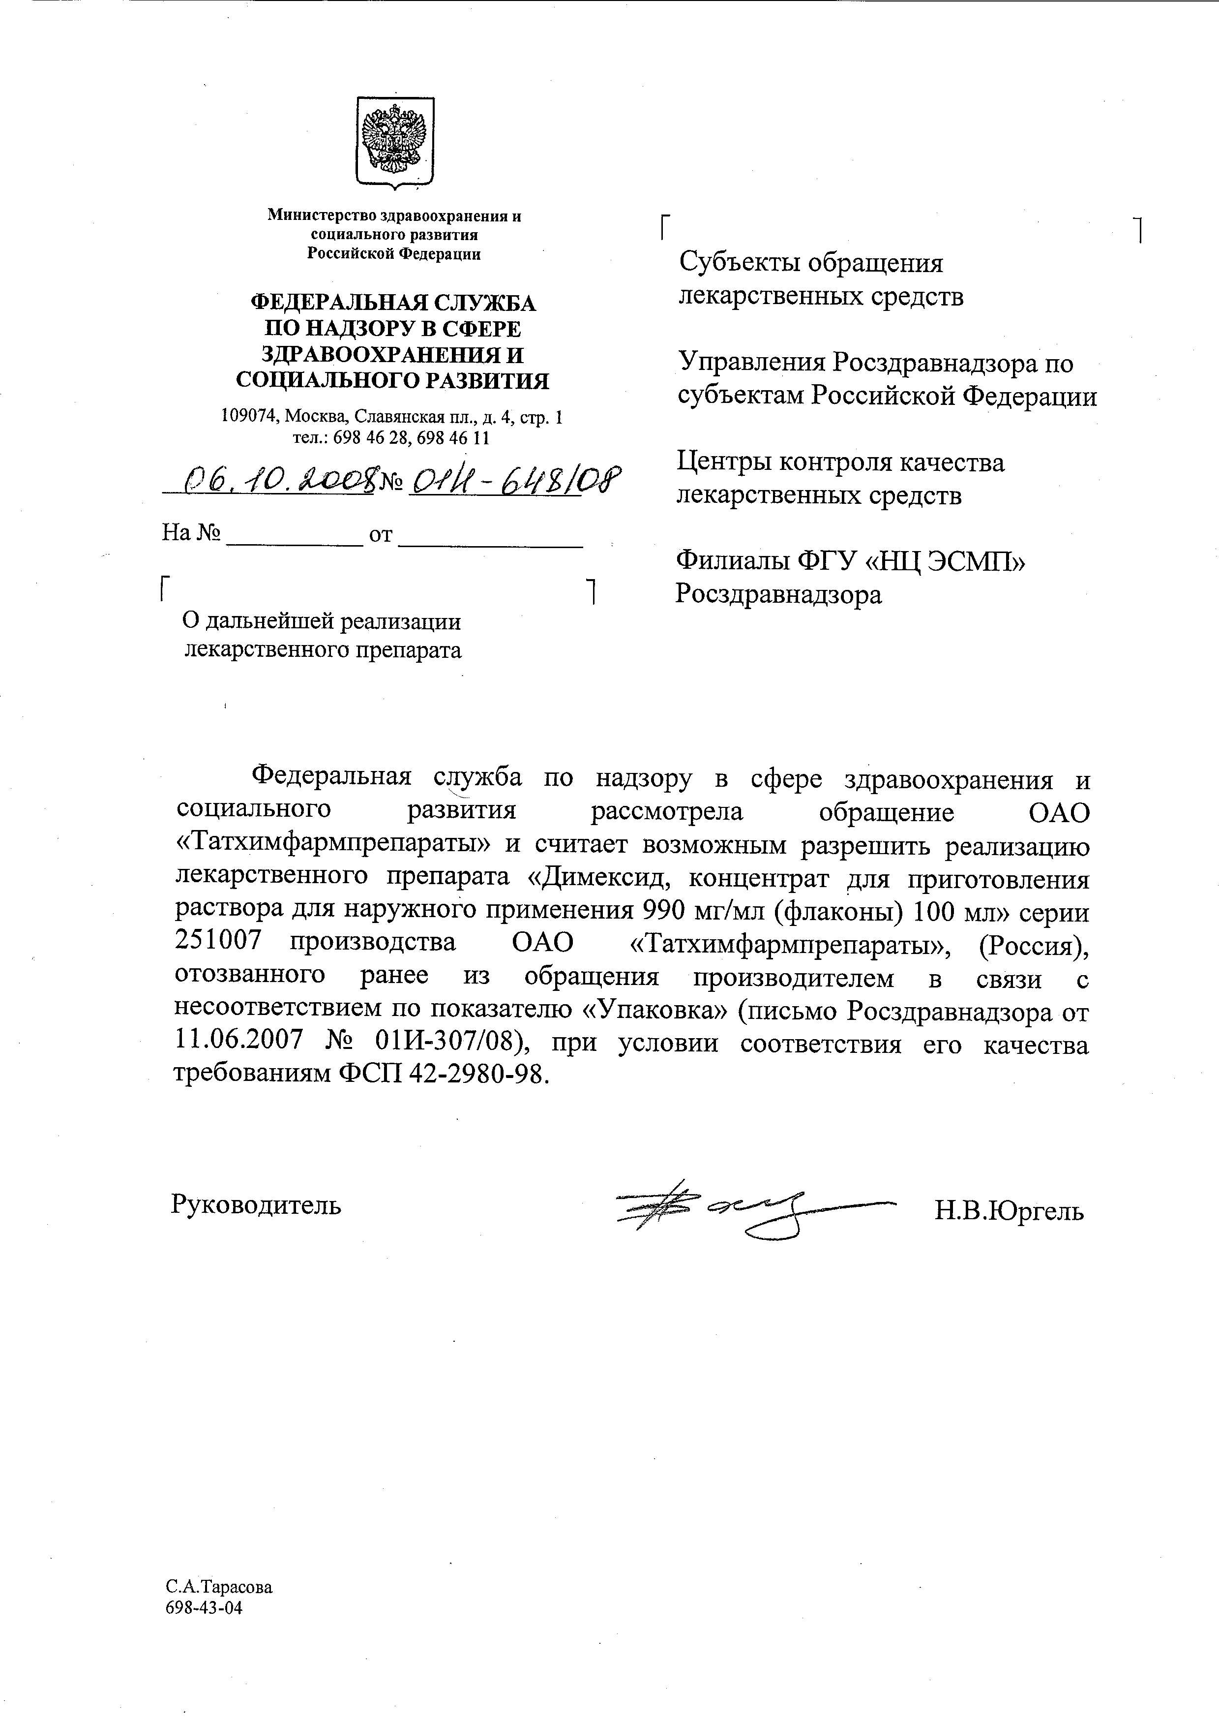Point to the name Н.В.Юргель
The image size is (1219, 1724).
click(1009, 1211)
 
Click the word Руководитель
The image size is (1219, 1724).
click(256, 1205)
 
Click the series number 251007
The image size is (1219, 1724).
click(219, 942)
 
